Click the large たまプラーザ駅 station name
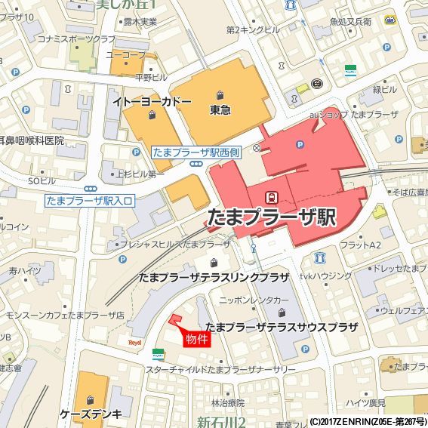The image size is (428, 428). point(270,217)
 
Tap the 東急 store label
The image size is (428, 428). point(220,110)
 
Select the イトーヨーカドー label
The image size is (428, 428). point(152,101)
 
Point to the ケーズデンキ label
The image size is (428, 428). point(91,414)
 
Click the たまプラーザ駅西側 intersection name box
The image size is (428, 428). point(196,152)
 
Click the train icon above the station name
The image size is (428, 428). point(270,195)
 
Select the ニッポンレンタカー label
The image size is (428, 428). point(254,300)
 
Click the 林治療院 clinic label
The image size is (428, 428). point(228,402)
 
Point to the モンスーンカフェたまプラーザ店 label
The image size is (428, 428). point(64,314)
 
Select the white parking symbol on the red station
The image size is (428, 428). point(300,144)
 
